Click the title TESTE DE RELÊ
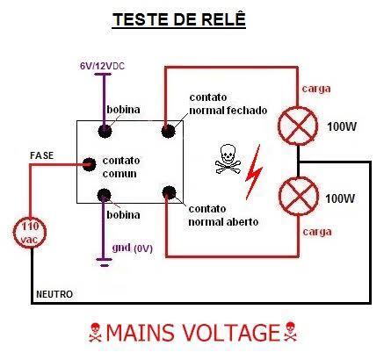point(179,19)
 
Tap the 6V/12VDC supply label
point(102,66)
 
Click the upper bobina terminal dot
point(105,131)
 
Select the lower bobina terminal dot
point(104,195)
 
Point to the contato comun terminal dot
point(89,164)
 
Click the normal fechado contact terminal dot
point(168,131)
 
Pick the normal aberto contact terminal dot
point(169,192)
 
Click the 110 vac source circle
point(30,233)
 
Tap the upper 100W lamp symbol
point(298,126)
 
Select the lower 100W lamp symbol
point(299,196)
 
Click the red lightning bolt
point(254,172)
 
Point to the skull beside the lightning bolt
point(228,159)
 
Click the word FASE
point(42,155)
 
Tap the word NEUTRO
point(54,294)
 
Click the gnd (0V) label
point(133,248)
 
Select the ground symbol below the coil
point(104,263)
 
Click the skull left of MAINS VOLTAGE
point(95,332)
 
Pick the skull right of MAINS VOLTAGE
point(290,331)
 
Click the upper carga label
point(316,89)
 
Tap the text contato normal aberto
point(223,215)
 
